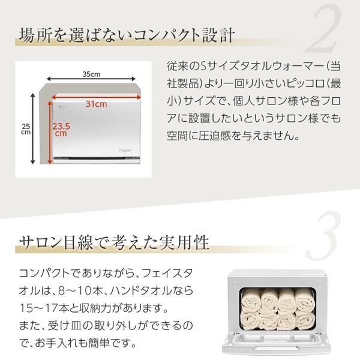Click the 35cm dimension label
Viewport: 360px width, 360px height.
(91, 74)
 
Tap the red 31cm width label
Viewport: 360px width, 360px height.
(97, 104)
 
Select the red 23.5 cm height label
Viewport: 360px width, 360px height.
(61, 130)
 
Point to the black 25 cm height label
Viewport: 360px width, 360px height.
(26, 129)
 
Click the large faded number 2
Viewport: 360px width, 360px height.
(324, 29)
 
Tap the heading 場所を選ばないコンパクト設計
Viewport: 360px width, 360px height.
(127, 35)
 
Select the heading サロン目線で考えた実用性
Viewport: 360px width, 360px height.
(114, 242)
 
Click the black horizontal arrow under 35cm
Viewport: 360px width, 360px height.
(91, 79)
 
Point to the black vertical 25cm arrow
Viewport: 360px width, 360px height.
(33, 128)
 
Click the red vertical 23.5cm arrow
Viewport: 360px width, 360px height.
(50, 132)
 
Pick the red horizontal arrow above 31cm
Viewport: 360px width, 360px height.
(96, 97)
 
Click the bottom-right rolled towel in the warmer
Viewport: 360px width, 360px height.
(305, 321)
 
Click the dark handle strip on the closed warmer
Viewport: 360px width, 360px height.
(97, 158)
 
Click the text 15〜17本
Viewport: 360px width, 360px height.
(44, 308)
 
